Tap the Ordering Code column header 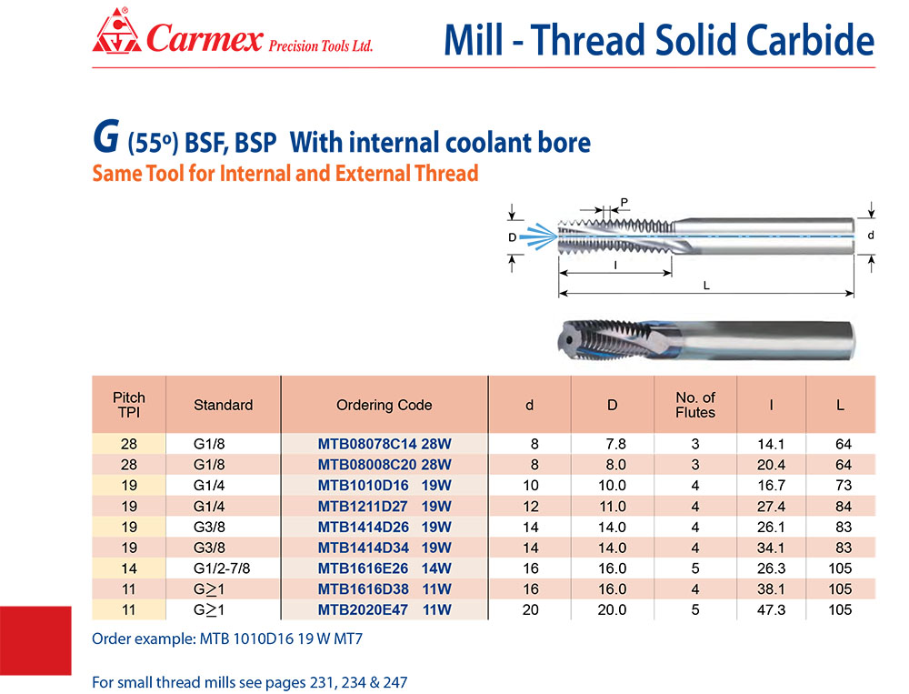[384, 405]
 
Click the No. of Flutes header [695, 405]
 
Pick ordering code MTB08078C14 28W [385, 444]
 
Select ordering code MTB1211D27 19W [385, 507]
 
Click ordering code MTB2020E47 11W [385, 609]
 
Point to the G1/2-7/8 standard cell [222, 568]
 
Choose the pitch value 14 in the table [129, 568]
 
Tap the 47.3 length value [771, 609]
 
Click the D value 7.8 [615, 444]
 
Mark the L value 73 [844, 486]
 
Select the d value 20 [531, 609]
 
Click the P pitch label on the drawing [624, 203]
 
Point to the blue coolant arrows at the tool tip [538, 236]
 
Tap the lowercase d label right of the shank [870, 235]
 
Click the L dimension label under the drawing [706, 286]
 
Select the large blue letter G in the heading [106, 137]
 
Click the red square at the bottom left [35, 640]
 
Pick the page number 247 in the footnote [395, 682]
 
